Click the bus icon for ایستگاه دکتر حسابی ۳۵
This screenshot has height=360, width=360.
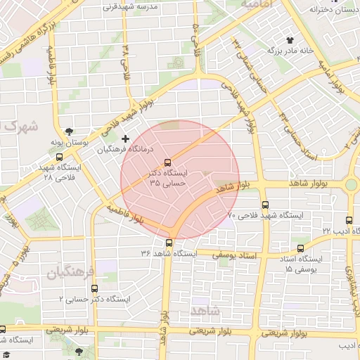tap(167, 162)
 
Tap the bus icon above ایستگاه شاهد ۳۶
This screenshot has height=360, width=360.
tap(169, 243)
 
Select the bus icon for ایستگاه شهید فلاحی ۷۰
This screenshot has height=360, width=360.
tap(265, 205)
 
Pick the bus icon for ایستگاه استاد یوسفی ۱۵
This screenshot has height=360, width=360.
tap(300, 248)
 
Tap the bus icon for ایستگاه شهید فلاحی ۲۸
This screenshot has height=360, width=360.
tap(59, 157)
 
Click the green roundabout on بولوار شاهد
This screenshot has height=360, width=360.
tap(351, 185)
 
